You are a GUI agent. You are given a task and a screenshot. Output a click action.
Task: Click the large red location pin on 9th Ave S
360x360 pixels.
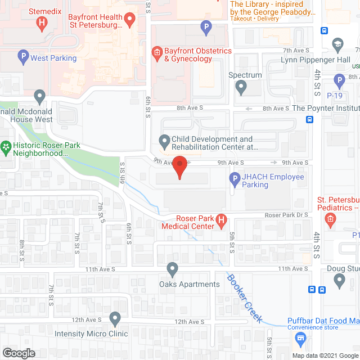(x=179, y=167)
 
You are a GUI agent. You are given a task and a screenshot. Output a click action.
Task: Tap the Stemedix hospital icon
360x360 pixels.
(x=41, y=23)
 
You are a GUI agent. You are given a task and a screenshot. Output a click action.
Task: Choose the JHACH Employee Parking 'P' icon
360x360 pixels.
(x=235, y=181)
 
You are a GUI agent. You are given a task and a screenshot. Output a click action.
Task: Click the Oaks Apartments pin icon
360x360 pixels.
(x=172, y=269)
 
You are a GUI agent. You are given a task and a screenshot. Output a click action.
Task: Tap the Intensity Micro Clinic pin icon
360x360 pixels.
(x=115, y=319)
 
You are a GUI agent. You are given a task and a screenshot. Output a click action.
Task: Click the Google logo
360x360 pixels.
(x=18, y=353)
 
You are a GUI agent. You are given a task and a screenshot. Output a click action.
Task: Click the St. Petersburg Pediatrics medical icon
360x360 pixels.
(x=331, y=218)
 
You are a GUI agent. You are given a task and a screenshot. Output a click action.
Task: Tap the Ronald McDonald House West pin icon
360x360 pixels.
(x=39, y=97)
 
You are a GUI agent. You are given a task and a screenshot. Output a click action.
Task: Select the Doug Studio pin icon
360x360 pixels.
(x=339, y=281)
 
